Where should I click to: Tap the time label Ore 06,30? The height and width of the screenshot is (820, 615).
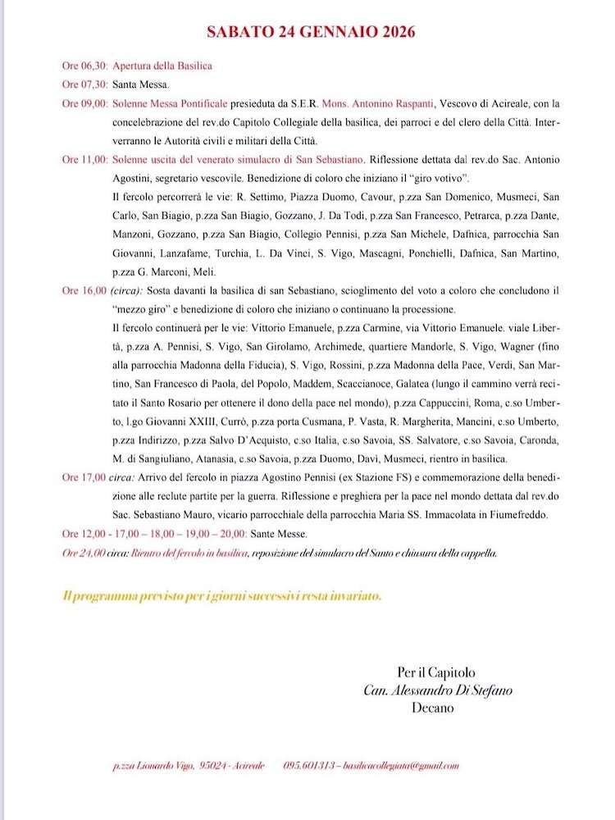(x=85, y=66)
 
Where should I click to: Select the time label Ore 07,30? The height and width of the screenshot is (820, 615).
(x=85, y=84)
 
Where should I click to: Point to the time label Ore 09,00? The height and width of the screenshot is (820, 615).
(x=85, y=103)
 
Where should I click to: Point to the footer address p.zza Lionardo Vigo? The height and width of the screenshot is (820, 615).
(x=153, y=766)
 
